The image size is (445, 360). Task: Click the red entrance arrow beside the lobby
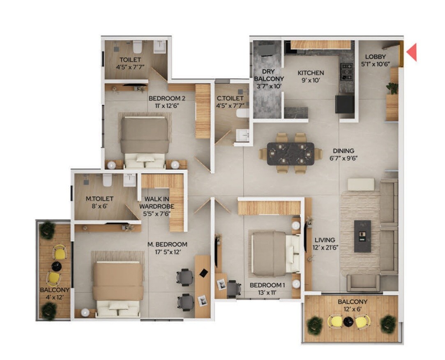point(411,52)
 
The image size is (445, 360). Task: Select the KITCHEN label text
point(311,73)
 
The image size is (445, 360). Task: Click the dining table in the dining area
point(291,153)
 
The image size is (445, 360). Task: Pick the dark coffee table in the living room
point(362,236)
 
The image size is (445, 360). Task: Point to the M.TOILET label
point(99,198)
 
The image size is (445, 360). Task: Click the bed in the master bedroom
point(118,288)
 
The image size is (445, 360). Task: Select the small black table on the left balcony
point(55,266)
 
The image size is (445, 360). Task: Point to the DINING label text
point(344,151)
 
